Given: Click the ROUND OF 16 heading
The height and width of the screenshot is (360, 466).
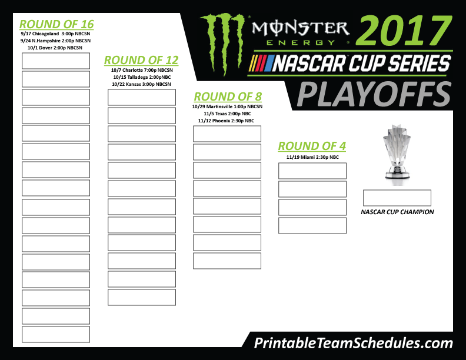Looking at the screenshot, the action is pos(56,24).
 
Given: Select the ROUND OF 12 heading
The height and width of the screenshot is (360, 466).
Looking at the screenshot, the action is pos(141,61).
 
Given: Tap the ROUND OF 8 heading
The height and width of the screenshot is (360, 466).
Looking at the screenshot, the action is pos(228,97).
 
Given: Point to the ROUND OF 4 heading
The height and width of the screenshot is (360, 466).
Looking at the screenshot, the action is pos(312,146).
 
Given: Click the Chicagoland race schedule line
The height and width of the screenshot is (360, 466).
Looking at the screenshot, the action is pos(55,34).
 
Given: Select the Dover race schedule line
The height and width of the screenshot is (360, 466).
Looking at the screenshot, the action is pos(55,48).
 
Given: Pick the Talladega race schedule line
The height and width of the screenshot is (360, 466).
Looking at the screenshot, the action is pos(142,77).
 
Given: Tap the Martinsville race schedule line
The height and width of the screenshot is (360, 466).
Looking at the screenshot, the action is pos(227,106).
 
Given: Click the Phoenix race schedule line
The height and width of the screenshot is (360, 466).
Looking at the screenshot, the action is pos(226,121).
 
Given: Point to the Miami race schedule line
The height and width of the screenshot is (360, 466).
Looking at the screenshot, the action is pos(312,157).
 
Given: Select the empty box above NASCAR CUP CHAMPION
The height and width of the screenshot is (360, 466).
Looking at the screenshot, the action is pos(397,198).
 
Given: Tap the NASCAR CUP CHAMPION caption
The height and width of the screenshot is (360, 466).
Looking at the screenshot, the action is pos(397,212).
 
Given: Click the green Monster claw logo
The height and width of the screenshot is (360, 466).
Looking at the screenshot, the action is pos(222,43).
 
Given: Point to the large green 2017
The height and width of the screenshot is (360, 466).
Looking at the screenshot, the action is pos(404,31).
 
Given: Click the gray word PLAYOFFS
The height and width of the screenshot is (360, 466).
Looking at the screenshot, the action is pos(374,95).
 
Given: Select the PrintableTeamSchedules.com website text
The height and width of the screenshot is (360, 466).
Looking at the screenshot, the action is pos(354,344).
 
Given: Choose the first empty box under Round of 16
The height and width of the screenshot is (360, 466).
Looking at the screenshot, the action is pos(56,61).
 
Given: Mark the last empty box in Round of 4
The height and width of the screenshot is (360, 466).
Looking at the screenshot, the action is pos(312,226).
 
